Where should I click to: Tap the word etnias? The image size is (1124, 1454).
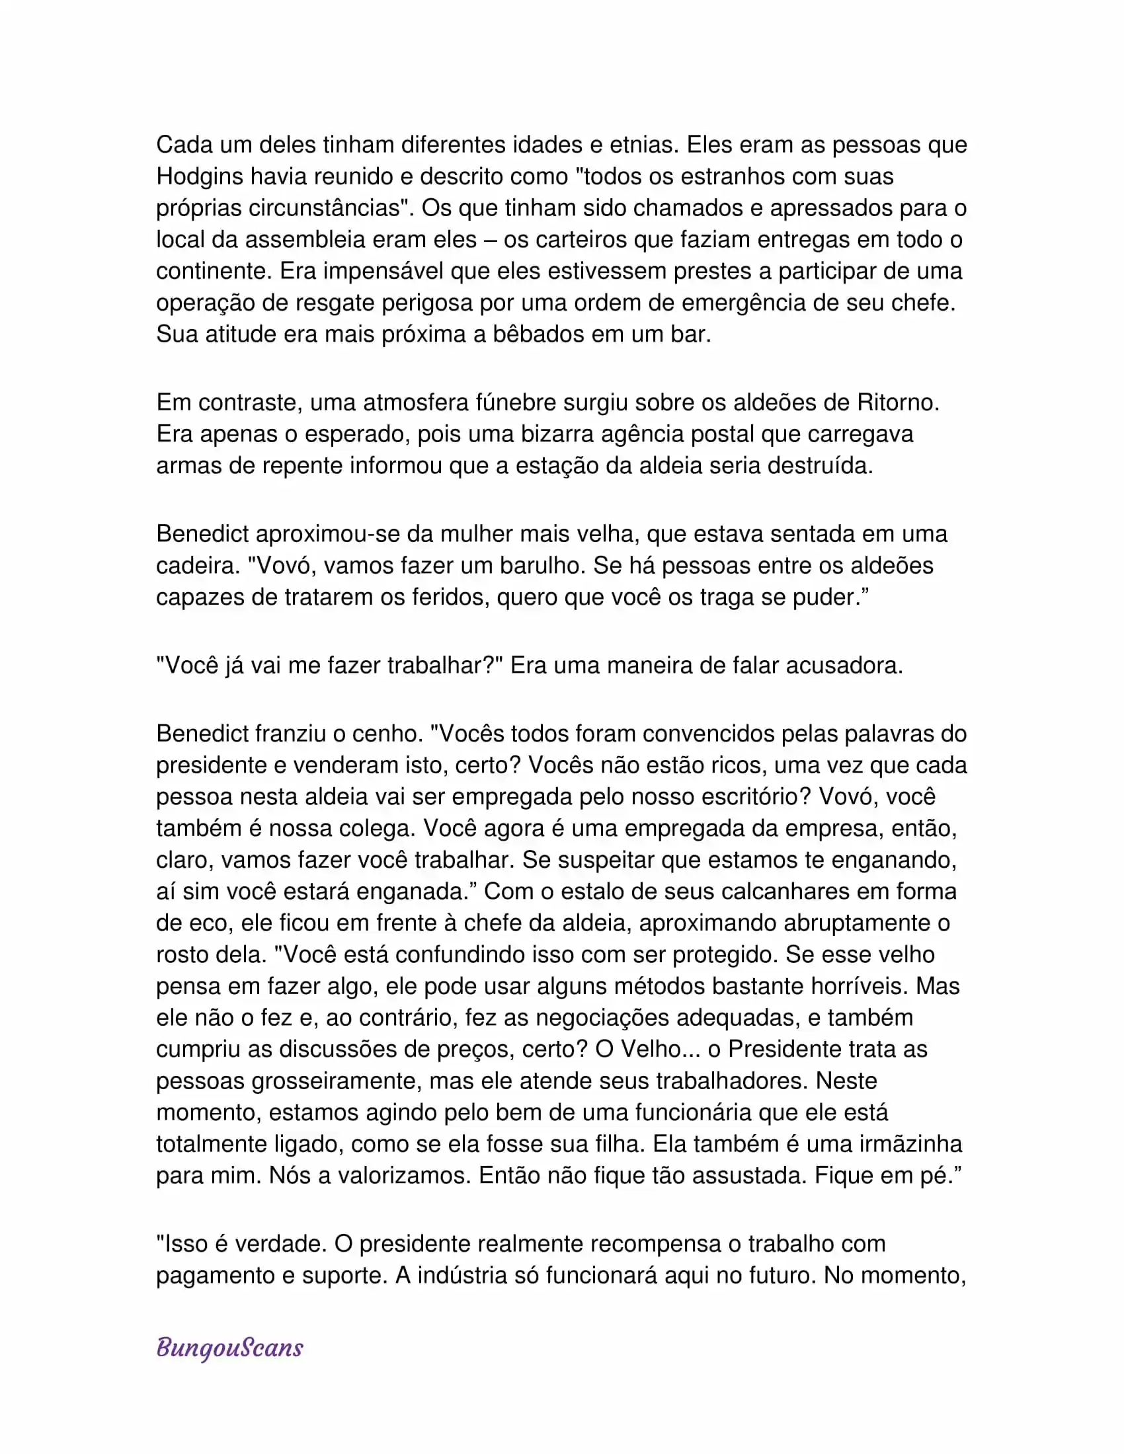tap(640, 145)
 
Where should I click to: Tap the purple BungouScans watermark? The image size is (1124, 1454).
tap(229, 1348)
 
